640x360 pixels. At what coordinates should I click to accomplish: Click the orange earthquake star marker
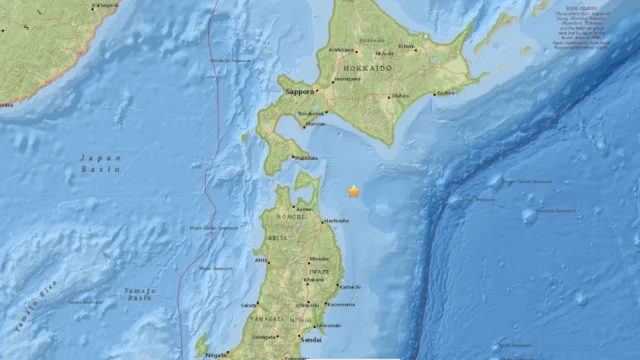tap(354, 191)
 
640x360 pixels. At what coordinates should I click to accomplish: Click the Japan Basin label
tap(100, 163)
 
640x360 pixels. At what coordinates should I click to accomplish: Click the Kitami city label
tap(406, 46)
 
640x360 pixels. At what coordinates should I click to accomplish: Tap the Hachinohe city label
tap(336, 220)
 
